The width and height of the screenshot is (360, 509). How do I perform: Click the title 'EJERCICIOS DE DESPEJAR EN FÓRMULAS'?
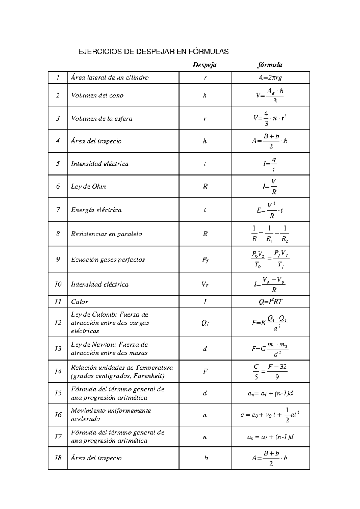153,52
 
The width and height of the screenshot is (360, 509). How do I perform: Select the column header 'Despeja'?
205,65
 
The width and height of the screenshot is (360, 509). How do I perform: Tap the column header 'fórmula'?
270,65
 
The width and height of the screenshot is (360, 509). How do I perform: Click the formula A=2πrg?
270,78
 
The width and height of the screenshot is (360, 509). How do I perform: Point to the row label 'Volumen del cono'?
97,95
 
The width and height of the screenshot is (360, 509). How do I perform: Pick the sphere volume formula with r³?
270,118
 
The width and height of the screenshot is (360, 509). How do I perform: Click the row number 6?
58,186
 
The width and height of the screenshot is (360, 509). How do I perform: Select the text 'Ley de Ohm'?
88,186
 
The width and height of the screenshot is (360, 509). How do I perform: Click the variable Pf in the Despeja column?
205,260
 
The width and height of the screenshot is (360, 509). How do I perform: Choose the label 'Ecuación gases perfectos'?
108,260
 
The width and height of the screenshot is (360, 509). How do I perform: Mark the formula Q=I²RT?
270,302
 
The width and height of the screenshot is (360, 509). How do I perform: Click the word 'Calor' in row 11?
80,302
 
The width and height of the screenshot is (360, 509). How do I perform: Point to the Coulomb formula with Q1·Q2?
270,323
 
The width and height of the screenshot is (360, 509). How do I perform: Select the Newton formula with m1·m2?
270,349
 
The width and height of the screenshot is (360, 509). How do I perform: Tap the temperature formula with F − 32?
270,372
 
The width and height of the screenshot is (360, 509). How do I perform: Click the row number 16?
58,415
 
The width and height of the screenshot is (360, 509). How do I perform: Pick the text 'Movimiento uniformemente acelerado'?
111,415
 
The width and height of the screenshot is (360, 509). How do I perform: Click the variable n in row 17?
205,437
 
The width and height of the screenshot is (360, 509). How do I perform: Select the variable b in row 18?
206,458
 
